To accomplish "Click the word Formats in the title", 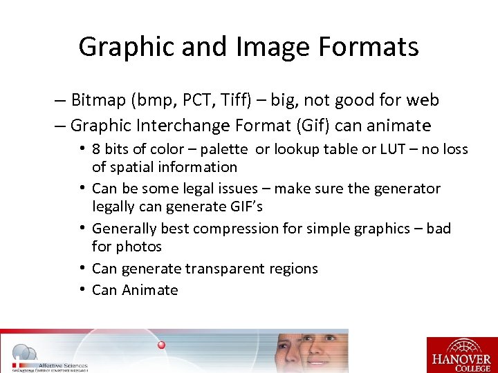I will [x=377, y=47].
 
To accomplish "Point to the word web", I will [x=422, y=100].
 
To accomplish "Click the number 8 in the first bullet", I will [x=96, y=149].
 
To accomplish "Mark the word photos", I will [x=139, y=246].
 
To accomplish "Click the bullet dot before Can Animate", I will [x=82, y=289].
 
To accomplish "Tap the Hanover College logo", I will [x=461, y=354].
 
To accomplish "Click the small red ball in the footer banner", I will [x=161, y=344].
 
